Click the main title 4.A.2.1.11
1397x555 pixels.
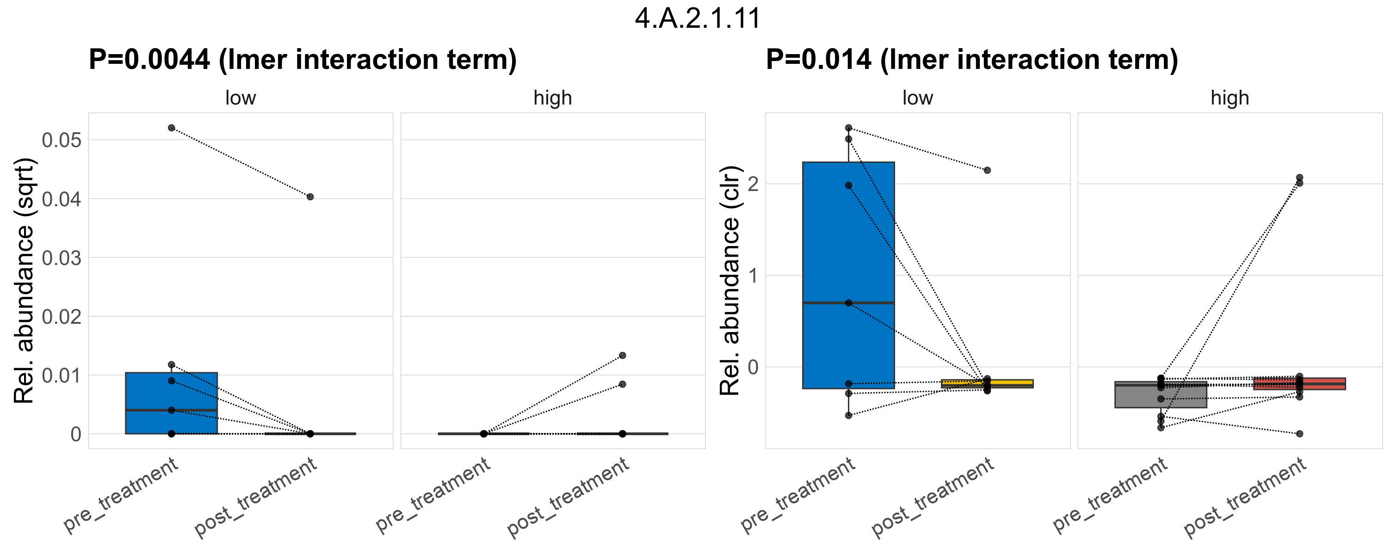[698, 18]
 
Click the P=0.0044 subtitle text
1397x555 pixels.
[303, 60]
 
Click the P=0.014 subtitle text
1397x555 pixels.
[972, 60]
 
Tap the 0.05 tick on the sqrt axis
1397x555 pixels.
[61, 141]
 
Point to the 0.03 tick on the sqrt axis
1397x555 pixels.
[61, 258]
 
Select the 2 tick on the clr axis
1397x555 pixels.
[753, 184]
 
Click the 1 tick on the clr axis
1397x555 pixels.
[753, 276]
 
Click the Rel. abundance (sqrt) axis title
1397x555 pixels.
[24, 281]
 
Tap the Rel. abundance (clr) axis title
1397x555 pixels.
[730, 281]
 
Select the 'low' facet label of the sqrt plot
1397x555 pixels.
[240, 98]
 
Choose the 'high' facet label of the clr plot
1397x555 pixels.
[1230, 98]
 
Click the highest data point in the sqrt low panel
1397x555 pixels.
[171, 128]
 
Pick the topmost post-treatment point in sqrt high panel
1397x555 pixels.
[623, 356]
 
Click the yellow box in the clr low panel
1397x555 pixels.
[987, 383]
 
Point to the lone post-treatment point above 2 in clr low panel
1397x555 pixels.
[988, 170]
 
